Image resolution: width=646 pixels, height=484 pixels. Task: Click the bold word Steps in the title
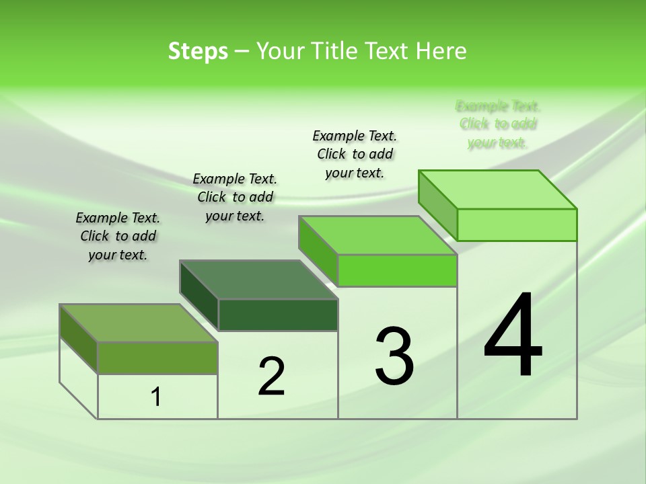[x=198, y=51]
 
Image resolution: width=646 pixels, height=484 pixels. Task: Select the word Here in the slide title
[x=441, y=51]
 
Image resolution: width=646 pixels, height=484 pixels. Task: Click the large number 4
[x=513, y=335]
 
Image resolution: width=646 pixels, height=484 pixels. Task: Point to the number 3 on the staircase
[x=394, y=356]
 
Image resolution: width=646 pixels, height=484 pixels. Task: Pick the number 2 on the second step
[x=272, y=376]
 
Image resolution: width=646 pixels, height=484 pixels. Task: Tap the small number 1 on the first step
[x=156, y=397]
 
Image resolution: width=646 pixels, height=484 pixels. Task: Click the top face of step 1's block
[x=139, y=323]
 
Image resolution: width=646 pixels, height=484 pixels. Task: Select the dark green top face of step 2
[x=259, y=279]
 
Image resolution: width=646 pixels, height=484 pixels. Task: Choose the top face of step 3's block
[x=378, y=235]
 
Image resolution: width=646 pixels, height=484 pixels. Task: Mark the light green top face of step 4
[x=498, y=190]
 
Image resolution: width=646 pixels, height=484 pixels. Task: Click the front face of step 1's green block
[x=157, y=358]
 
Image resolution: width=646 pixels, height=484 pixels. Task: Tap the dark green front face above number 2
[x=278, y=315]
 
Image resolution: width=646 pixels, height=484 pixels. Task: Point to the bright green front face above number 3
[x=397, y=270]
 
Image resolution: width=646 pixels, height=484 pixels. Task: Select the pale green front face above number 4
[x=517, y=225]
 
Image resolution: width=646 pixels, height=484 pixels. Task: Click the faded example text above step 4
[x=498, y=124]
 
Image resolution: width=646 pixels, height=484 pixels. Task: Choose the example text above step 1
[x=118, y=236]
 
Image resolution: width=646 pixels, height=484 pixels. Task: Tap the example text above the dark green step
[x=235, y=197]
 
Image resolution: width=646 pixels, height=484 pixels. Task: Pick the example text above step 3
[x=355, y=154]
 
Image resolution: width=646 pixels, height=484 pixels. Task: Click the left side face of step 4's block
[x=438, y=205]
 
